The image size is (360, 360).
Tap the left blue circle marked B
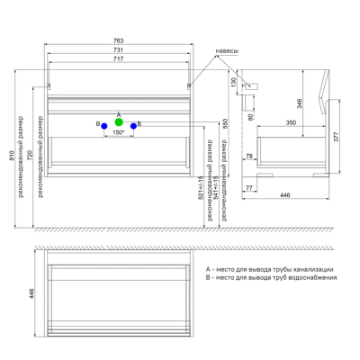coord(103,125)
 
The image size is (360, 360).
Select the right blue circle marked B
coord(133,125)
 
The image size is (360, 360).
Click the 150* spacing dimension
coord(118,133)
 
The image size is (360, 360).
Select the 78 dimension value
coord(250,157)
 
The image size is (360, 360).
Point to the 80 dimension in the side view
coord(252,115)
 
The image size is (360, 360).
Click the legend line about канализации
coord(270,269)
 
